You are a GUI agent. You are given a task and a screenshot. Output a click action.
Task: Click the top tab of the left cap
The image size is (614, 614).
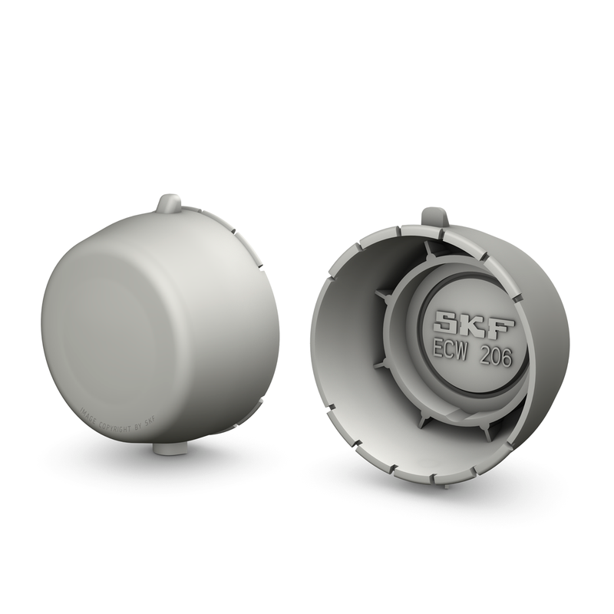pos(169,204)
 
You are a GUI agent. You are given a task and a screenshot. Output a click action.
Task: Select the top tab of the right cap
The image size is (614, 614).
pos(435,216)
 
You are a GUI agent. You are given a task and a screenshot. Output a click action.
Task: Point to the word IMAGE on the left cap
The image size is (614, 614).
pos(88,414)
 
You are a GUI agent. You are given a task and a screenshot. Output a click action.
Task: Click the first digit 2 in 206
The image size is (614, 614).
pos(484,355)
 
